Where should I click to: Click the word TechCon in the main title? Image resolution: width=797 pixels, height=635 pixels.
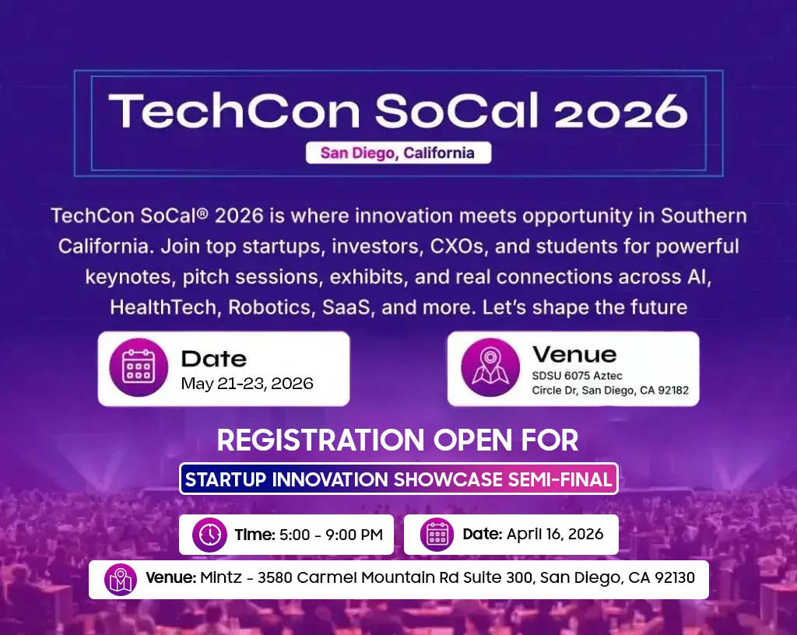tap(234, 111)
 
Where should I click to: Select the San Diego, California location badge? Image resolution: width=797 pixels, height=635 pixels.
tap(398, 153)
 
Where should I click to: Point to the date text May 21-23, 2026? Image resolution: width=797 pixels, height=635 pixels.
tap(247, 384)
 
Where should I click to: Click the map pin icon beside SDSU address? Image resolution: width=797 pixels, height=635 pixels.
tap(490, 368)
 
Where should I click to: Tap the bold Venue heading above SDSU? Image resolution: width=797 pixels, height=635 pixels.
tap(574, 354)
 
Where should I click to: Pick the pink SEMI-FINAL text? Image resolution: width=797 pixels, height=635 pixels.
tap(560, 479)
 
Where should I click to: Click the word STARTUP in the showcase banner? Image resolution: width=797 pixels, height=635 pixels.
tap(226, 479)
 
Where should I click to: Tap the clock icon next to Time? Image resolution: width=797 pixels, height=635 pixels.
tap(210, 535)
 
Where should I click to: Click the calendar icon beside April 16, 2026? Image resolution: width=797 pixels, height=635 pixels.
tap(437, 535)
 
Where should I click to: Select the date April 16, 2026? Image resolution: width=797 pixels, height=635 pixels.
tap(555, 535)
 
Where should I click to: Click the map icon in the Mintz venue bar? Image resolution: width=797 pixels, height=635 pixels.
tap(121, 580)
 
